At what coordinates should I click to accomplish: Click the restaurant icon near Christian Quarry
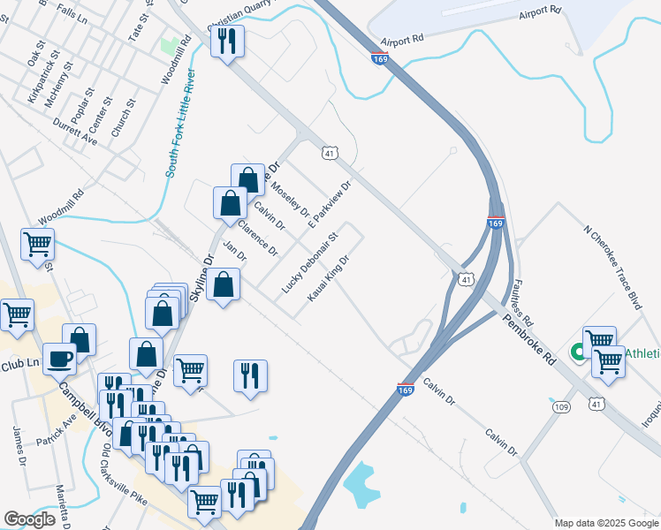point(227,41)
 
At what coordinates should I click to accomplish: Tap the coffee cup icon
point(61,359)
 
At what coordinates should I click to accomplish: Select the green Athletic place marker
point(580,352)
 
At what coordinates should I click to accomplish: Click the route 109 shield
point(561,407)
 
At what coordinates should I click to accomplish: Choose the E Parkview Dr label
point(330,207)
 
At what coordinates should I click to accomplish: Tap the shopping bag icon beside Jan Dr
point(224,284)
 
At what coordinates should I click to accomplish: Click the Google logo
point(30,519)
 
